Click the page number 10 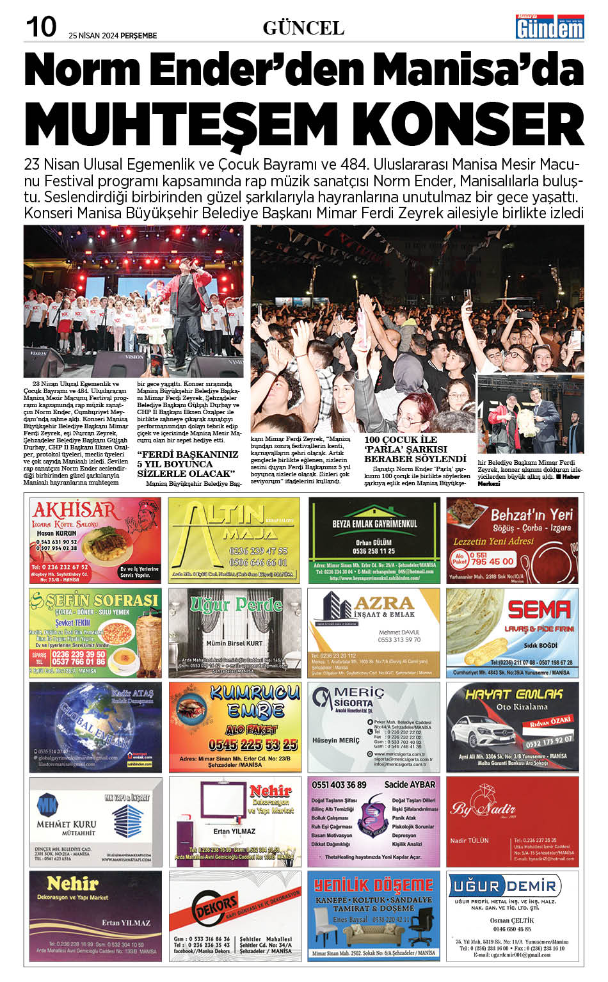pos(40,28)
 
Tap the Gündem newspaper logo pos(550,27)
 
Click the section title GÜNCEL pos(303,28)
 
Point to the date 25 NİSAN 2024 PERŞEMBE pos(113,36)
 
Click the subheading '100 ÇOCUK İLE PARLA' pos(415,449)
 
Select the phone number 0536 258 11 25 pos(374,551)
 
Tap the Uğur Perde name pos(236,604)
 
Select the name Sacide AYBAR pos(410,784)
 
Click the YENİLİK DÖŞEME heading pos(374,885)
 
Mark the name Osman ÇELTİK pos(511,920)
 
